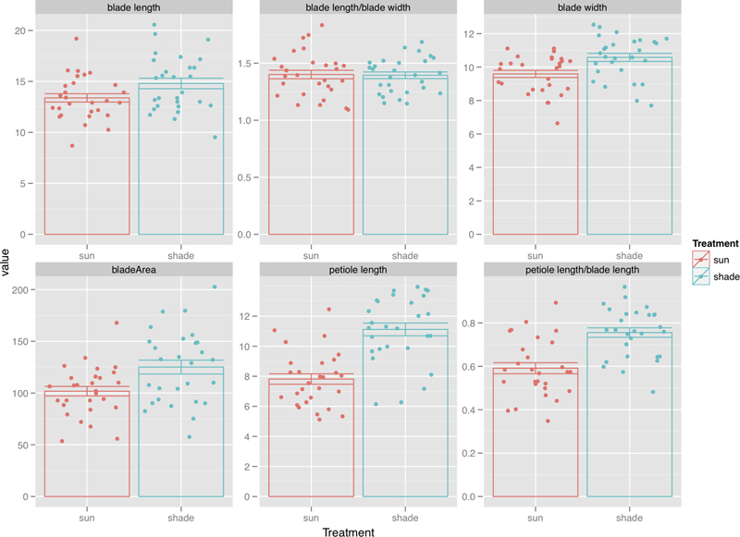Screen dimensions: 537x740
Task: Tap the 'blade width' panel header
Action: pos(582,7)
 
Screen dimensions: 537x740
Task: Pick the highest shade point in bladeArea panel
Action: pos(215,287)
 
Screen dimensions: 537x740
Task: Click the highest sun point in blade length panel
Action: pos(76,39)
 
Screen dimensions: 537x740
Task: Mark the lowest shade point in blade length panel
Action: pos(216,138)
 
